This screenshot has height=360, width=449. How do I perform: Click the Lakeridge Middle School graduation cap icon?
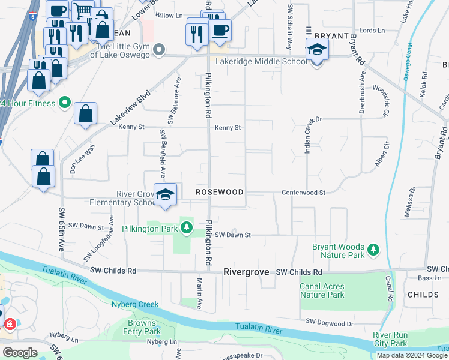(316, 51)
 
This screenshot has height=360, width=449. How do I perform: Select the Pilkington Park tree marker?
(187, 228)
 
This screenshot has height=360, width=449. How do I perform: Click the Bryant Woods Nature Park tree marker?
(373, 248)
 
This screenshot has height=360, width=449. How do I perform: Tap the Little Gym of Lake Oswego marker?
(158, 50)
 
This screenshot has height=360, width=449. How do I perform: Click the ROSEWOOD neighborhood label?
(220, 193)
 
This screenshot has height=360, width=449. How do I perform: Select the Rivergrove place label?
(248, 272)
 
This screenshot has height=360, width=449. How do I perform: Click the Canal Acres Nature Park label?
(322, 291)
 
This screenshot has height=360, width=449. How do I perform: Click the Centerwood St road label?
(304, 193)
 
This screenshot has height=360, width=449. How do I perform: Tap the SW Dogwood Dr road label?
(330, 323)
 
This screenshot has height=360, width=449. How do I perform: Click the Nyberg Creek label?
(136, 304)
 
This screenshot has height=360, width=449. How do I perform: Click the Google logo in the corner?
(19, 352)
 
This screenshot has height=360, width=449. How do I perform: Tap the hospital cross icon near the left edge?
(10, 325)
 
